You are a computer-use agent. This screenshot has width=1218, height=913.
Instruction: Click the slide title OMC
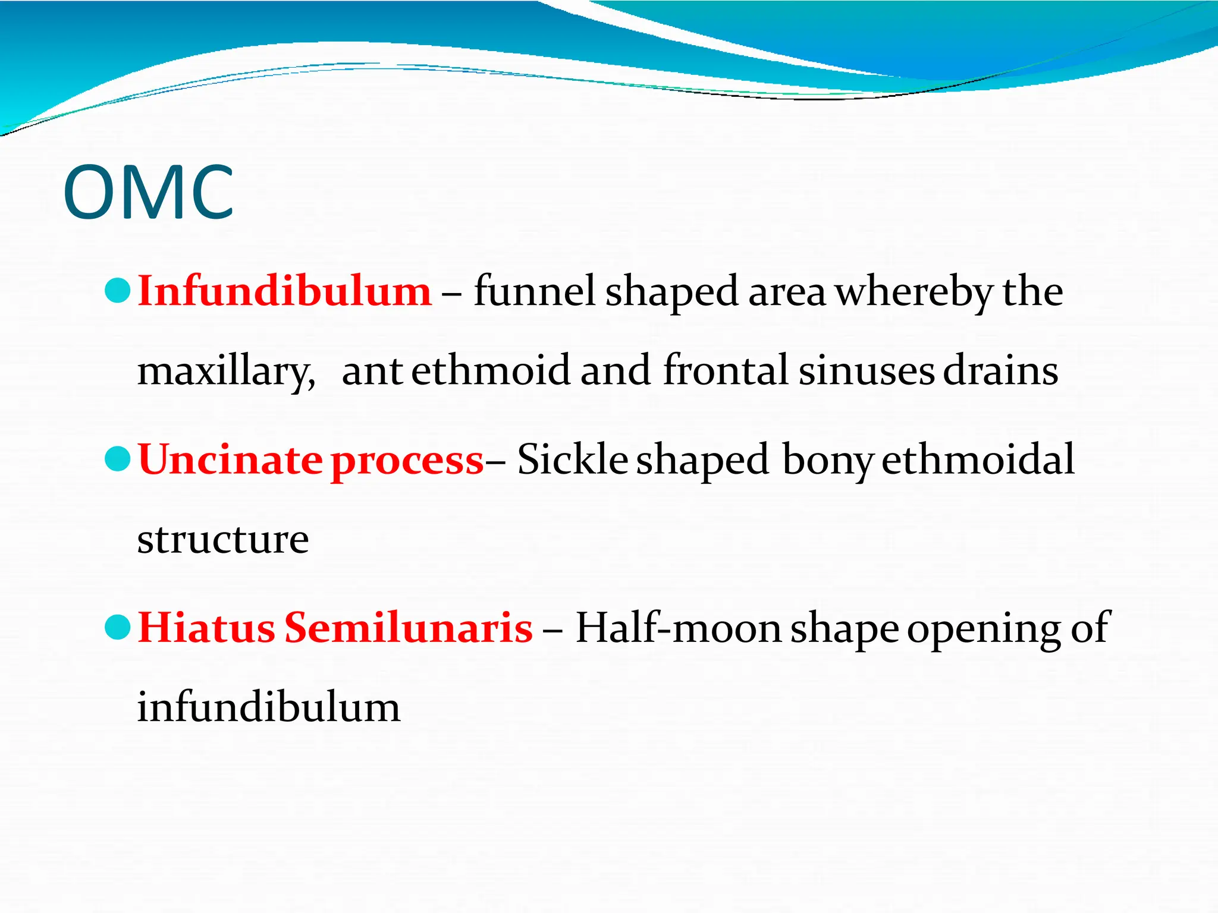pyautogui.click(x=149, y=193)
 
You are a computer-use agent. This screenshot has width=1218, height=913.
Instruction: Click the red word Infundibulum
pyautogui.click(x=284, y=291)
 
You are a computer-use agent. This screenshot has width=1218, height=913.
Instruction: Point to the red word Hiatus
pyautogui.click(x=206, y=628)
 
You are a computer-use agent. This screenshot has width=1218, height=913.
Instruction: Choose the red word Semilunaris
pyautogui.click(x=409, y=628)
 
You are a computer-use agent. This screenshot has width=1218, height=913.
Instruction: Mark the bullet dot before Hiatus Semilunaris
pyautogui.click(x=117, y=627)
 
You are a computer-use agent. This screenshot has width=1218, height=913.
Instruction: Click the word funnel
pyautogui.click(x=534, y=291)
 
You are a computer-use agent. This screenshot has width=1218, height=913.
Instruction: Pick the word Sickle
pyautogui.click(x=572, y=459)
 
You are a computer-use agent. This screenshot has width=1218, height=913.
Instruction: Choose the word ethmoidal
pyautogui.click(x=978, y=459)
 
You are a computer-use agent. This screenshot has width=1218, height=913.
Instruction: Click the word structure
pyautogui.click(x=223, y=540)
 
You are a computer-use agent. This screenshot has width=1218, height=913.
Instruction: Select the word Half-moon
pyautogui.click(x=678, y=628)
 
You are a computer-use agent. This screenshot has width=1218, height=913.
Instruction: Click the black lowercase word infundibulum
pyautogui.click(x=269, y=707)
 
